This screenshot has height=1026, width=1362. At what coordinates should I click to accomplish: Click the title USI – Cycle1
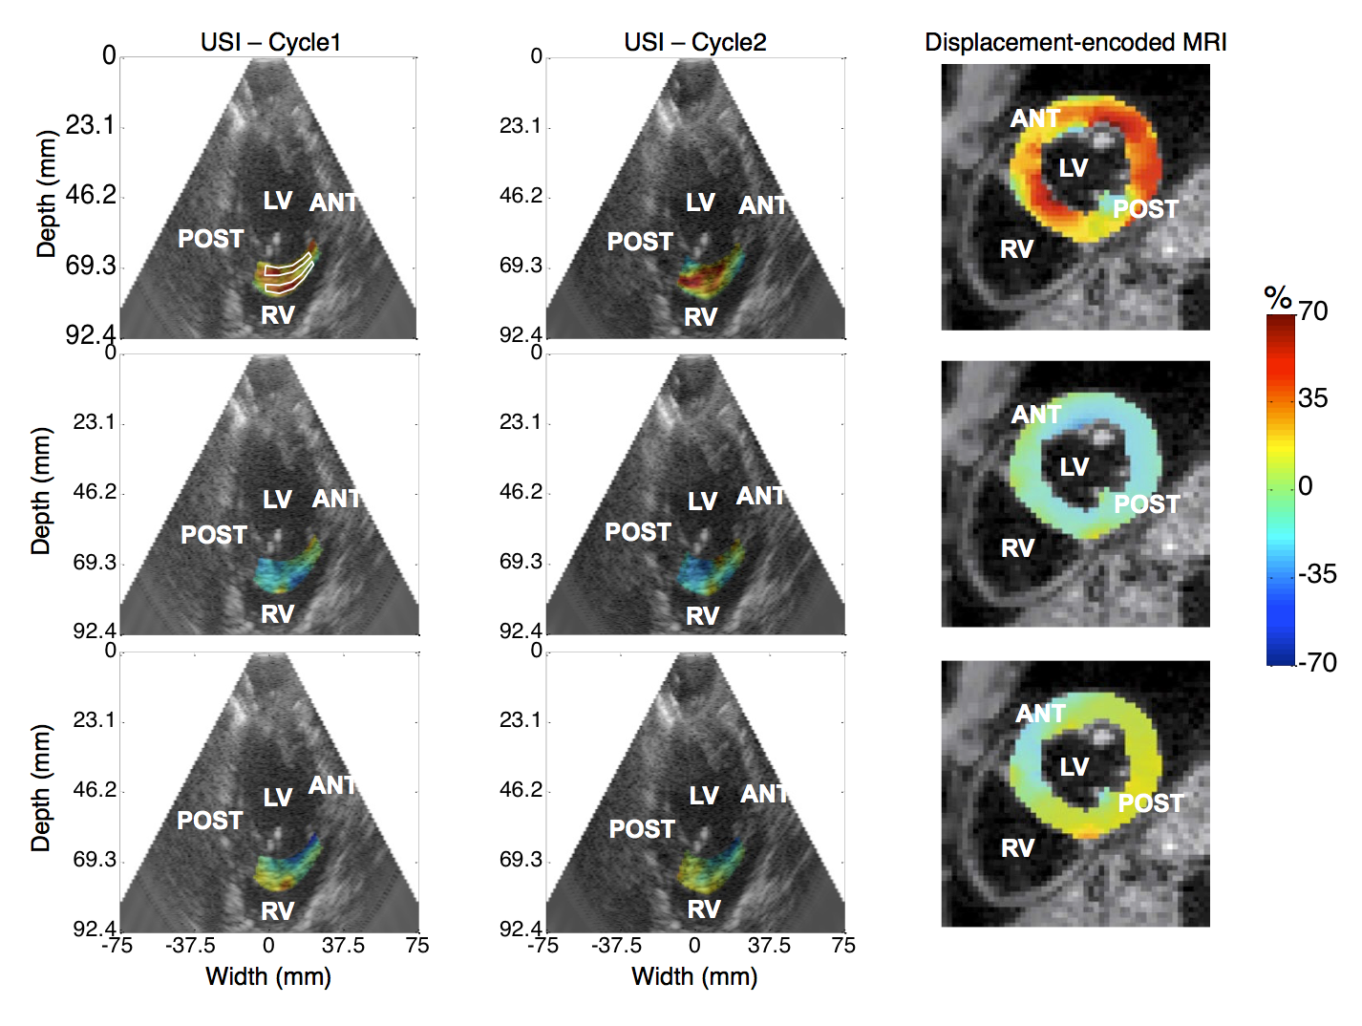(270, 42)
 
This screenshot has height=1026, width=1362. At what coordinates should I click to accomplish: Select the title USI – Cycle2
(695, 42)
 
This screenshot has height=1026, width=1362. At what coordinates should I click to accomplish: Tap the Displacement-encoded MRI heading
(1075, 42)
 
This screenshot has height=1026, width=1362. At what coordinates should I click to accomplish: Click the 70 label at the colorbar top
(1312, 311)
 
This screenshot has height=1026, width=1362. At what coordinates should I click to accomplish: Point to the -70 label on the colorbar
(1317, 662)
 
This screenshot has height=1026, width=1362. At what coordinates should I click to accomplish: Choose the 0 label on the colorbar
(1306, 486)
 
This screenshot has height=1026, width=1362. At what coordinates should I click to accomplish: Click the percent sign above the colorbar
(1278, 299)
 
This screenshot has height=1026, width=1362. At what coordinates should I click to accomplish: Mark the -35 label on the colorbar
(1317, 574)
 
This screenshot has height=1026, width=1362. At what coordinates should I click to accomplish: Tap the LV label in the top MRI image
(1073, 167)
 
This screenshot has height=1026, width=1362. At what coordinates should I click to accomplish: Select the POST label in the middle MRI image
(1147, 504)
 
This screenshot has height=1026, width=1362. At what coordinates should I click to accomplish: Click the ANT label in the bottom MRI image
(1040, 714)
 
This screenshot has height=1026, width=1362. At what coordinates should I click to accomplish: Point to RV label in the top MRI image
(1016, 249)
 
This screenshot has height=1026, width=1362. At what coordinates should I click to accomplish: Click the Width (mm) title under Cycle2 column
(694, 976)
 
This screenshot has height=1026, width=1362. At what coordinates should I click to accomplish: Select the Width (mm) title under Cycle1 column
(268, 976)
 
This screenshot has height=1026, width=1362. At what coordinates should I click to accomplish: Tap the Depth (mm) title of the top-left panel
(45, 194)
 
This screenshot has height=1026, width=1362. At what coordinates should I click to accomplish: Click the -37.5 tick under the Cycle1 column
(190, 946)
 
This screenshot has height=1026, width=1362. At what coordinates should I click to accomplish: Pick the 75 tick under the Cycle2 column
(843, 946)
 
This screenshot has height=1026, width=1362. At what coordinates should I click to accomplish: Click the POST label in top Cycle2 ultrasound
(640, 242)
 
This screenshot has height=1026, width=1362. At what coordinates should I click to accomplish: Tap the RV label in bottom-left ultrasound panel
(277, 911)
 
